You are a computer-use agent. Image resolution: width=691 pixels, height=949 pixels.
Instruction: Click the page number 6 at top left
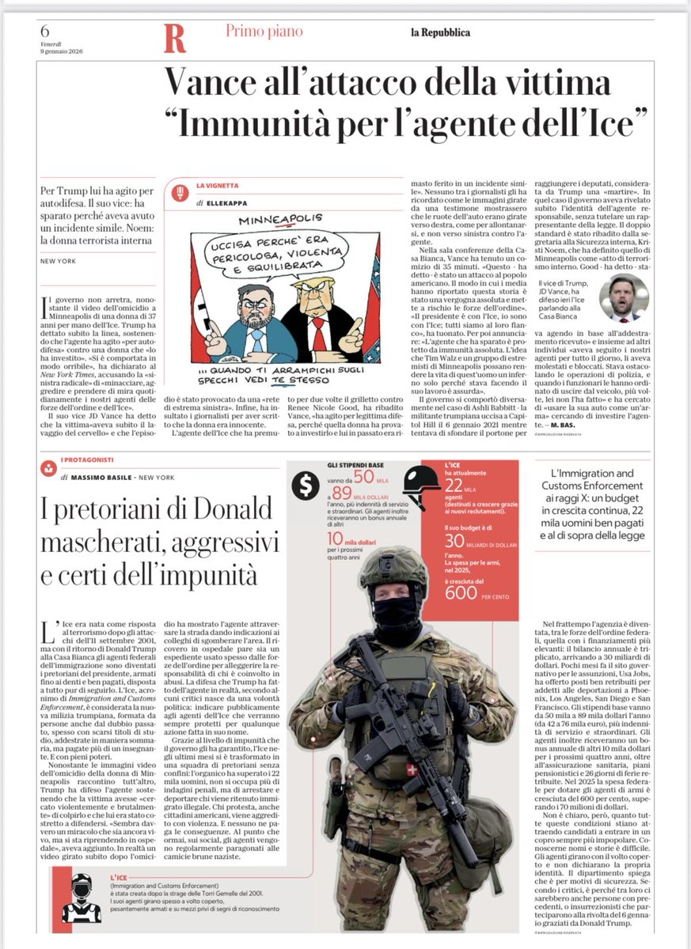45,30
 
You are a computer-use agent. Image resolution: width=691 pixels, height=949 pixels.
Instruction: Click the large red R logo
174,38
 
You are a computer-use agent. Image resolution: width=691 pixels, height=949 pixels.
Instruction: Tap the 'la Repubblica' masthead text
440,32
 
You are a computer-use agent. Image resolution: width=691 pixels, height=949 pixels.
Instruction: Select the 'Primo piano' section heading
264,32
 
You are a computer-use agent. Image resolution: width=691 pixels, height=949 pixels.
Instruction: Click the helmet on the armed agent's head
393,562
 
